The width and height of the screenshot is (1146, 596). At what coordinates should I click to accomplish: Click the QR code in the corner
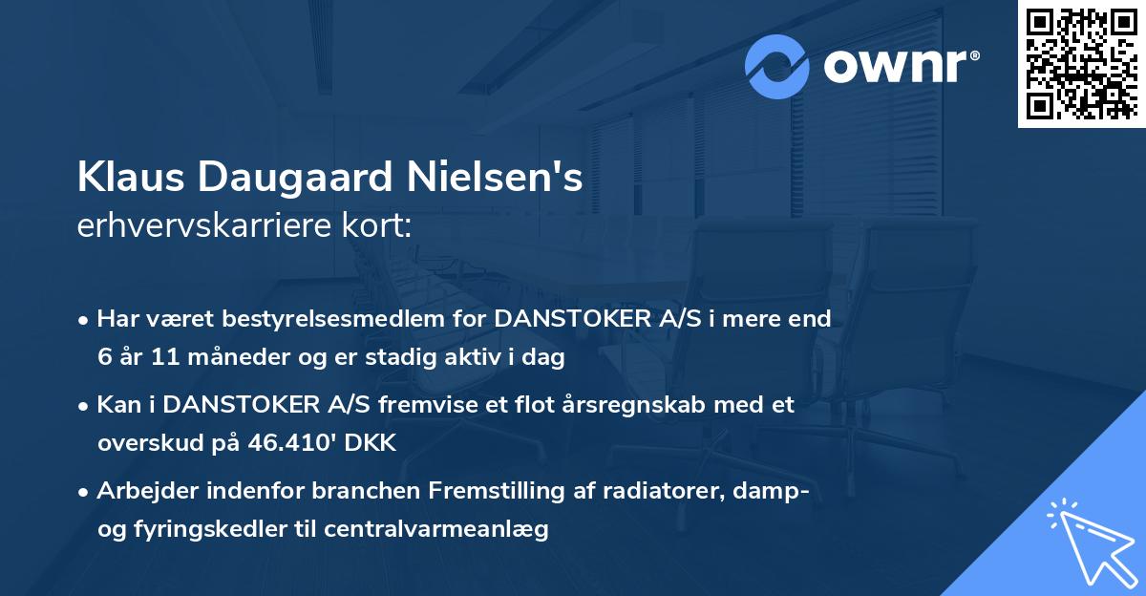(1081, 64)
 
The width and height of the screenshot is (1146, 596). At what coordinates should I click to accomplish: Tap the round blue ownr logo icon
(777, 66)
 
